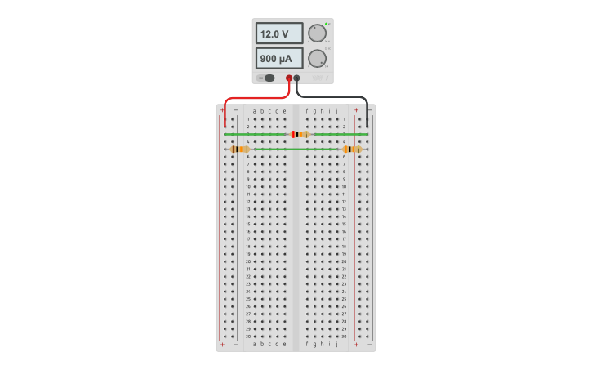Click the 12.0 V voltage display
(x=279, y=33)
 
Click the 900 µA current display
(x=279, y=59)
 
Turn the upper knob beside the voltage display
(x=316, y=33)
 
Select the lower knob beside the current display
(x=316, y=59)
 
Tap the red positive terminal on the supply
(x=289, y=78)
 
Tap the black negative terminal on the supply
(x=297, y=78)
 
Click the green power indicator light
(x=326, y=24)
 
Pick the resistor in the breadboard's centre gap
(x=300, y=134)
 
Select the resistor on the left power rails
(x=239, y=149)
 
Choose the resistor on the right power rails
(x=352, y=149)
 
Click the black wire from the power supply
(x=343, y=96)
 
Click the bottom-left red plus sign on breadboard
(x=222, y=345)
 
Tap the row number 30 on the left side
(x=248, y=336)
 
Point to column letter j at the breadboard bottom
(x=336, y=344)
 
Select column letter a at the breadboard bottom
(x=254, y=344)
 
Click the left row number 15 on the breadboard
(x=248, y=224)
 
